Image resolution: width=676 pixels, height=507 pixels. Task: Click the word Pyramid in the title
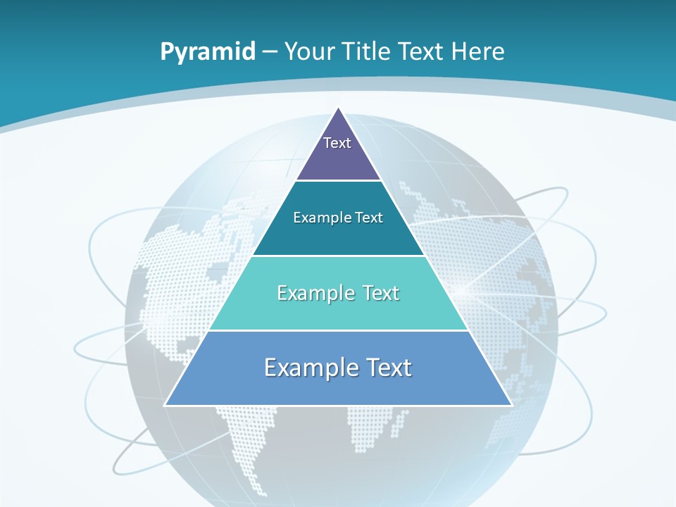[208, 52]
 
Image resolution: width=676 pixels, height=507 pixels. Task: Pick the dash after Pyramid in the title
[270, 52]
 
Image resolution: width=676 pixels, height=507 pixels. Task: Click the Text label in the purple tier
[337, 143]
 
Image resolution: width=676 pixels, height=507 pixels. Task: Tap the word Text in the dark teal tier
[370, 218]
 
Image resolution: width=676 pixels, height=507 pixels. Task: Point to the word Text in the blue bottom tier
[388, 368]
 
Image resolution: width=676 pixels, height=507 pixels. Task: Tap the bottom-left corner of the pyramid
[165, 405]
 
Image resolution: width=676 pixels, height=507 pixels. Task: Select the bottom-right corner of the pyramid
[512, 405]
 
